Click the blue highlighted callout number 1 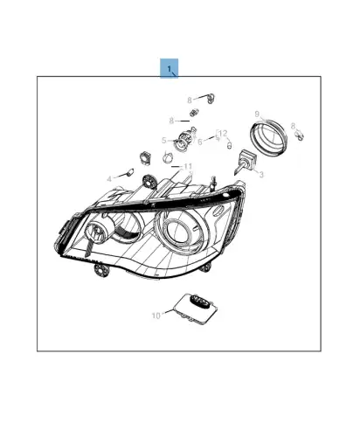[170, 69]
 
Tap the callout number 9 [257, 114]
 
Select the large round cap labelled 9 [268, 138]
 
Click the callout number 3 [261, 174]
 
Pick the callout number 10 [156, 316]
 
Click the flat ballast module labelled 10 [196, 308]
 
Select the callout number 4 [109, 178]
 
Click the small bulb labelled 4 [130, 171]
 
